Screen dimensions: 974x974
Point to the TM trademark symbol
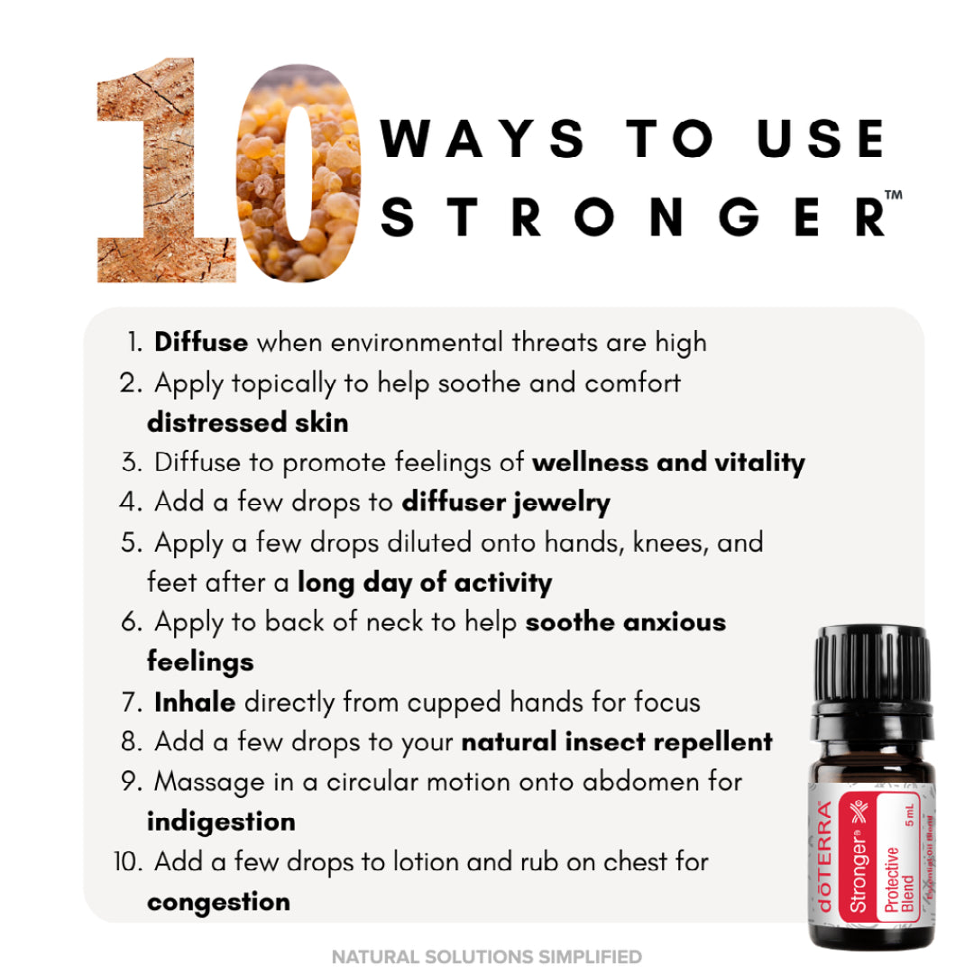point(893,195)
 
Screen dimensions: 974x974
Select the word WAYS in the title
point(482,138)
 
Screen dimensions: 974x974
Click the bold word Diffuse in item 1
point(201,343)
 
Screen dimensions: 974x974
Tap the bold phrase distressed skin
point(248,422)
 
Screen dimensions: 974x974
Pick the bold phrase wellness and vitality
point(668,463)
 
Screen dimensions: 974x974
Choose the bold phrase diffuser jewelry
point(506,503)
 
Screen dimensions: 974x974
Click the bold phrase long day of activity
point(425,583)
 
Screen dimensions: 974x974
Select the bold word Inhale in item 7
point(195,703)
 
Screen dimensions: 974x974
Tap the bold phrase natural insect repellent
point(617,742)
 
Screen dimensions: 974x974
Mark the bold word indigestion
point(221,822)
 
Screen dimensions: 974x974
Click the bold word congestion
point(218,902)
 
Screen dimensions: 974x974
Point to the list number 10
point(127,862)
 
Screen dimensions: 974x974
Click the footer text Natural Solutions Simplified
point(487,957)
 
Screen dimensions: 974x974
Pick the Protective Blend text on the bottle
point(899,879)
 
